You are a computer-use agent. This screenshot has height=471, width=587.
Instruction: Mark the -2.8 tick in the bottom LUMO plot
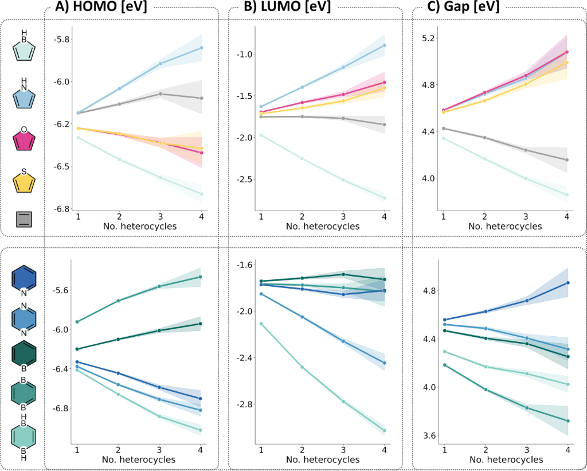tap(243, 404)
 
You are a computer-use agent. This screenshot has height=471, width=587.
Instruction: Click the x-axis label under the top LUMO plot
tap(322, 227)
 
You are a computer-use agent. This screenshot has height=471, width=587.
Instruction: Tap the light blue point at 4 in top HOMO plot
tap(201, 48)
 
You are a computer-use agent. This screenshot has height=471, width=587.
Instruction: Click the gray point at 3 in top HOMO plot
tap(161, 94)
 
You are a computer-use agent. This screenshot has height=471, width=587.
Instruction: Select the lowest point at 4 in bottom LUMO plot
tap(385, 430)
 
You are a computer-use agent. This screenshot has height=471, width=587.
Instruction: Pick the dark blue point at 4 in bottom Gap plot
tap(568, 282)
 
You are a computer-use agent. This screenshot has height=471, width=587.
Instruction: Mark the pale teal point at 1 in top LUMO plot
tap(261, 135)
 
